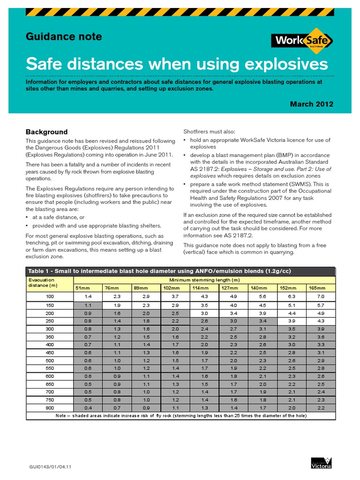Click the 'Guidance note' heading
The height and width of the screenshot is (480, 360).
(x=63, y=37)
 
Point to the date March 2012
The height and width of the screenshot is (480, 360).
(x=311, y=104)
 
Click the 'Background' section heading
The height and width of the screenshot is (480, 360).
(x=46, y=132)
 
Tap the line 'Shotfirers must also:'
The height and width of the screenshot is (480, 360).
(x=210, y=132)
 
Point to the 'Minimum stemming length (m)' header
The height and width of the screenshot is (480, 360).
(x=204, y=279)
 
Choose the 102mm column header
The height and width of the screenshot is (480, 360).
(x=175, y=288)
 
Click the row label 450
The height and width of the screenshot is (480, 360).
(x=50, y=352)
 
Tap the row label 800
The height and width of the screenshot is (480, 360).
(x=50, y=408)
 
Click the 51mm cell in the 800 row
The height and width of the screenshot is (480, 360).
(x=88, y=408)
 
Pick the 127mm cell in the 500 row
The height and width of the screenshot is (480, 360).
(x=233, y=360)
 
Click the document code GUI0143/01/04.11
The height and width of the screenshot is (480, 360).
(x=51, y=466)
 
